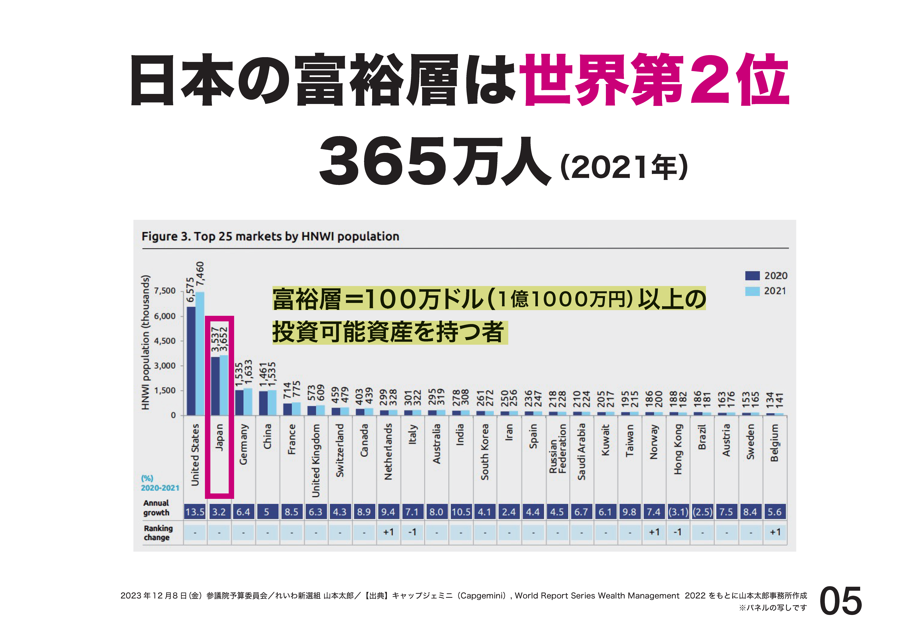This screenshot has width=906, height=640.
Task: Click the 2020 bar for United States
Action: (x=191, y=361)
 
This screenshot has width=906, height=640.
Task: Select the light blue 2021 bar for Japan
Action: (x=224, y=385)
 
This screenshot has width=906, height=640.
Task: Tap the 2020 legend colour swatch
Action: (x=752, y=276)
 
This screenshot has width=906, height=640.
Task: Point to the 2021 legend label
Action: (x=775, y=291)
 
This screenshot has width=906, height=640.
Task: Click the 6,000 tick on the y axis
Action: (x=165, y=316)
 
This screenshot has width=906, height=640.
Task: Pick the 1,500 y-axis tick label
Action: (x=165, y=390)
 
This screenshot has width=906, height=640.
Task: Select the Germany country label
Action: (x=243, y=444)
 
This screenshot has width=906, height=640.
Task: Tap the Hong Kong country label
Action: (x=678, y=449)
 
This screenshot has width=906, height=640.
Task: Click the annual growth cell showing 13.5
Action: (x=195, y=512)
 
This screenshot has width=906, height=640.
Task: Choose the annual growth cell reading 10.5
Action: (x=461, y=512)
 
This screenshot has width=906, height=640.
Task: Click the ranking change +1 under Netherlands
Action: (x=388, y=532)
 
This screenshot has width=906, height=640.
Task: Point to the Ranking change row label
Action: (x=158, y=533)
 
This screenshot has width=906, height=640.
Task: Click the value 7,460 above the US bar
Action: (x=200, y=274)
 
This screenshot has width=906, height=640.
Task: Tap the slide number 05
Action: (x=841, y=601)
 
